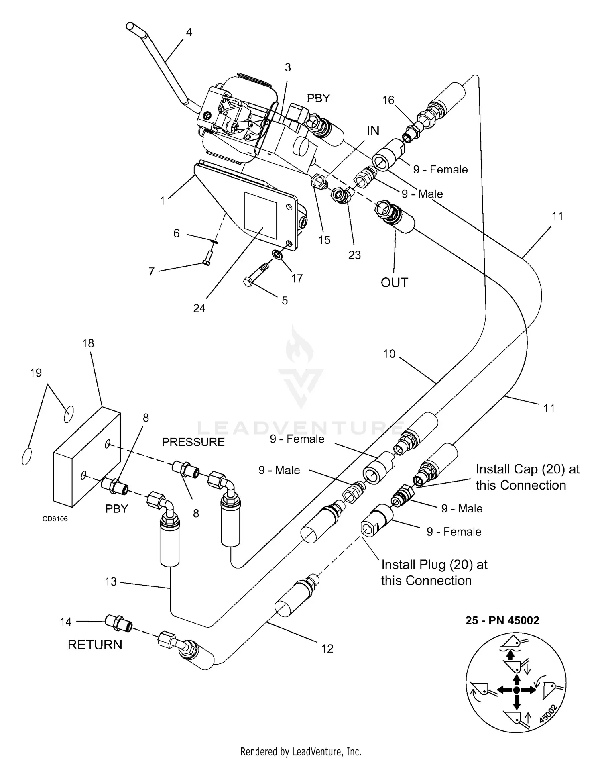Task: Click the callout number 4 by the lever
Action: pyautogui.click(x=189, y=32)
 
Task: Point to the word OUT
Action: pyautogui.click(x=394, y=283)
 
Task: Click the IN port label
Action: pyautogui.click(x=373, y=131)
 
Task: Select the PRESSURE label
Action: pyautogui.click(x=193, y=442)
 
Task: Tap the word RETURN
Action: pyautogui.click(x=95, y=645)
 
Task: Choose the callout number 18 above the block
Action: pyautogui.click(x=88, y=343)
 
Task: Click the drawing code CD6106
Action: pyautogui.click(x=55, y=519)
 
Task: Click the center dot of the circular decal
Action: pyautogui.click(x=517, y=690)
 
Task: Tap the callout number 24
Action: pyautogui.click(x=199, y=308)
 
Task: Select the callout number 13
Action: pyautogui.click(x=111, y=581)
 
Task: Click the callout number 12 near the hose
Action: pyautogui.click(x=327, y=649)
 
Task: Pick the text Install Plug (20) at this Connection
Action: pyautogui.click(x=434, y=573)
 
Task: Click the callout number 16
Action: pyautogui.click(x=388, y=100)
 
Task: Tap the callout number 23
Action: pyautogui.click(x=354, y=255)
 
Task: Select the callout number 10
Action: pyautogui.click(x=389, y=354)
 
